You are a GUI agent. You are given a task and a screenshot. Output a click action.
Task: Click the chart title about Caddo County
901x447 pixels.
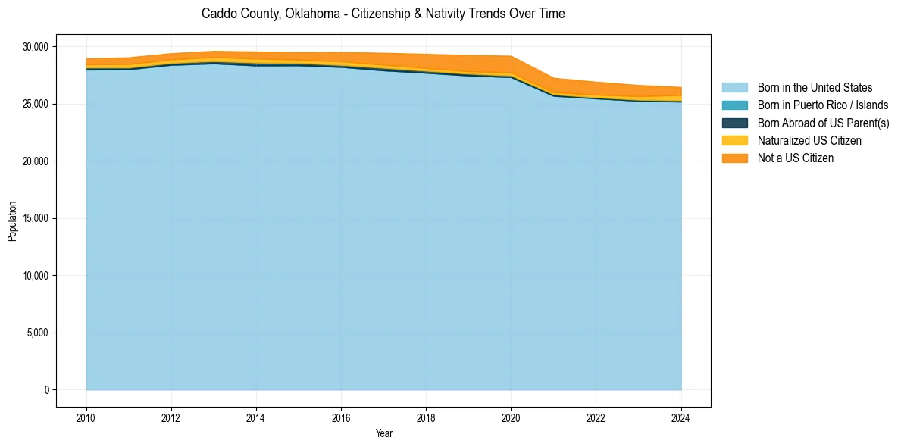[x=383, y=14]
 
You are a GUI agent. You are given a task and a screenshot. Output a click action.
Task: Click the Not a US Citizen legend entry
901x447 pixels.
[x=795, y=158]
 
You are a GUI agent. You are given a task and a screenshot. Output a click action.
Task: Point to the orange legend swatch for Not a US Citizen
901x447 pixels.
[x=734, y=158]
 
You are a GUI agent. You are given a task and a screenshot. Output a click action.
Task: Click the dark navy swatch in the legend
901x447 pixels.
[x=734, y=123]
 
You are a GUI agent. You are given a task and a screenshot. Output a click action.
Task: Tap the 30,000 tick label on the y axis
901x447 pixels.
[x=35, y=47]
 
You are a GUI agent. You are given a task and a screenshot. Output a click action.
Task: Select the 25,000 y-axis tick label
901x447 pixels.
[x=35, y=104]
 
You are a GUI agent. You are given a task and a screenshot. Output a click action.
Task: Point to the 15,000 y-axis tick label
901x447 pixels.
[x=35, y=218]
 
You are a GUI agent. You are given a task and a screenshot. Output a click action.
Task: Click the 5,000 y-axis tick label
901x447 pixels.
[x=37, y=333]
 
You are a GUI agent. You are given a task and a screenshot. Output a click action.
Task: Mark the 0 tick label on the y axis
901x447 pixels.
[x=46, y=390]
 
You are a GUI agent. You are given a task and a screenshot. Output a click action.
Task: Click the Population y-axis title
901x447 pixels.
[x=12, y=221]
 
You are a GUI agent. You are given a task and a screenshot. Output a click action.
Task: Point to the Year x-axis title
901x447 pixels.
[x=383, y=433]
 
